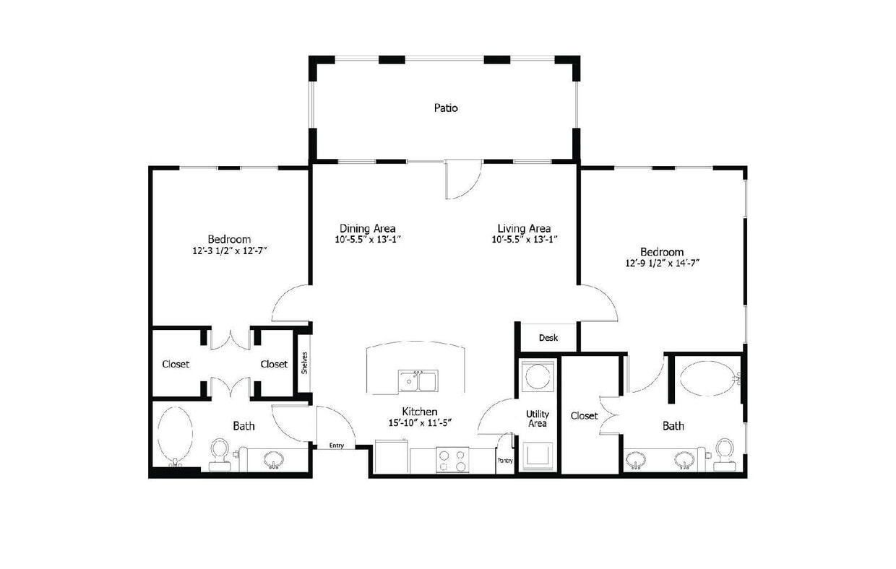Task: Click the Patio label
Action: pyautogui.click(x=446, y=108)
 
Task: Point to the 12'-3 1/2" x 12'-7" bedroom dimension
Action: pyautogui.click(x=229, y=251)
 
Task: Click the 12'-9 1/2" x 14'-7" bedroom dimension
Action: pyautogui.click(x=662, y=264)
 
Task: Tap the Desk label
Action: pyautogui.click(x=548, y=338)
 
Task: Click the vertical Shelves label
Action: pyautogui.click(x=305, y=362)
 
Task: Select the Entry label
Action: pyautogui.click(x=337, y=446)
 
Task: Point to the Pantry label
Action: pyautogui.click(x=504, y=460)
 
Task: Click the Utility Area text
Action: pyautogui.click(x=537, y=418)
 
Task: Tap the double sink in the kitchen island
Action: pyautogui.click(x=418, y=380)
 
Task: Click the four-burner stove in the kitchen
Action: pyautogui.click(x=453, y=461)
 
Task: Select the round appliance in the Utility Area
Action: pyautogui.click(x=538, y=376)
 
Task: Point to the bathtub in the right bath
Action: pyautogui.click(x=707, y=378)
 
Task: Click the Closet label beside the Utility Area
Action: pyautogui.click(x=584, y=416)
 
